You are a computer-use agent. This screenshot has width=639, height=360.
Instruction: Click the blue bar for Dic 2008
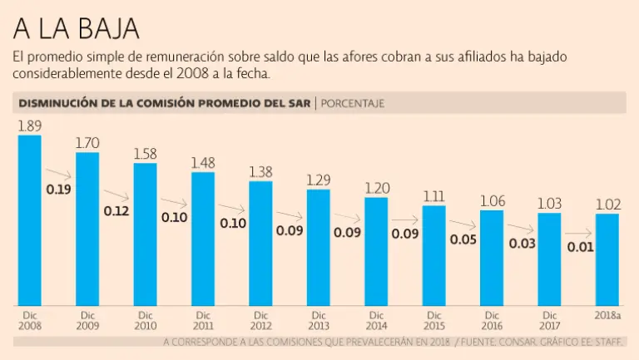(29, 220)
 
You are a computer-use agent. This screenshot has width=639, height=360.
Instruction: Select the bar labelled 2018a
(607, 259)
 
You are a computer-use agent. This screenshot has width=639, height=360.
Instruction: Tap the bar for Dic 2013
(318, 247)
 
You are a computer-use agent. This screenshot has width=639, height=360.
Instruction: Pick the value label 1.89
(30, 126)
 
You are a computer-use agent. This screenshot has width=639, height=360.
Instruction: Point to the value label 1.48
(203, 163)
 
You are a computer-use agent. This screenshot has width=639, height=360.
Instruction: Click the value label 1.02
(607, 205)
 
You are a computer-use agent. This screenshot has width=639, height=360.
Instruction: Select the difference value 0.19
(58, 190)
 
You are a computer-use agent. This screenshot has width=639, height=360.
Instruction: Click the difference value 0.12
(116, 211)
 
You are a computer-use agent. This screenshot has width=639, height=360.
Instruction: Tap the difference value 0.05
(463, 240)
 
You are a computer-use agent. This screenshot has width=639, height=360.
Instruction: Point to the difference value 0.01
(579, 247)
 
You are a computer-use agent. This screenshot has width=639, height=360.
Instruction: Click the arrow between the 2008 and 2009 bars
(58, 174)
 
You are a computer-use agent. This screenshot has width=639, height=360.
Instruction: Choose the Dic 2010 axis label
(145, 320)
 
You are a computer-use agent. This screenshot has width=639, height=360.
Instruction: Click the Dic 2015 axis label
(433, 320)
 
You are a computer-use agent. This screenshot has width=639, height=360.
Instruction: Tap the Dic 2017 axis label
(549, 320)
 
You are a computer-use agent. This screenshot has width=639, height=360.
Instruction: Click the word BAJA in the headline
(103, 29)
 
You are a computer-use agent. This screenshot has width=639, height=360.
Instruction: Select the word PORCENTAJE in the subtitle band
(352, 103)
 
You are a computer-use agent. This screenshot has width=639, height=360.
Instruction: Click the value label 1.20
(376, 188)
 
